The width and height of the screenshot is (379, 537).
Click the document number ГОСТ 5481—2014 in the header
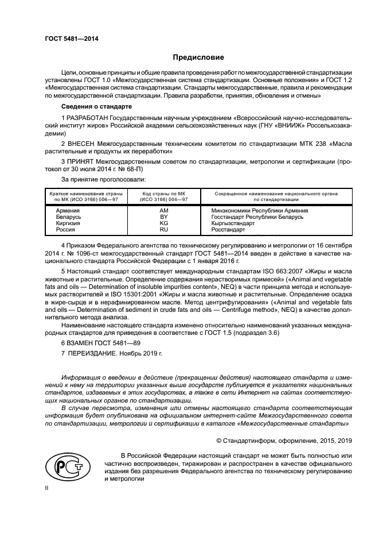[68, 38]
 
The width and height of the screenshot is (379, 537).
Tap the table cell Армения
[68, 211]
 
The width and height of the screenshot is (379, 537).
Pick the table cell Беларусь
[69, 218]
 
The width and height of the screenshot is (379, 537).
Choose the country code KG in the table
[163, 223]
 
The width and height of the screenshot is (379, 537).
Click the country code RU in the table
[163, 230]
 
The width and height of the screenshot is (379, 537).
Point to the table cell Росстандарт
[228, 230]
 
